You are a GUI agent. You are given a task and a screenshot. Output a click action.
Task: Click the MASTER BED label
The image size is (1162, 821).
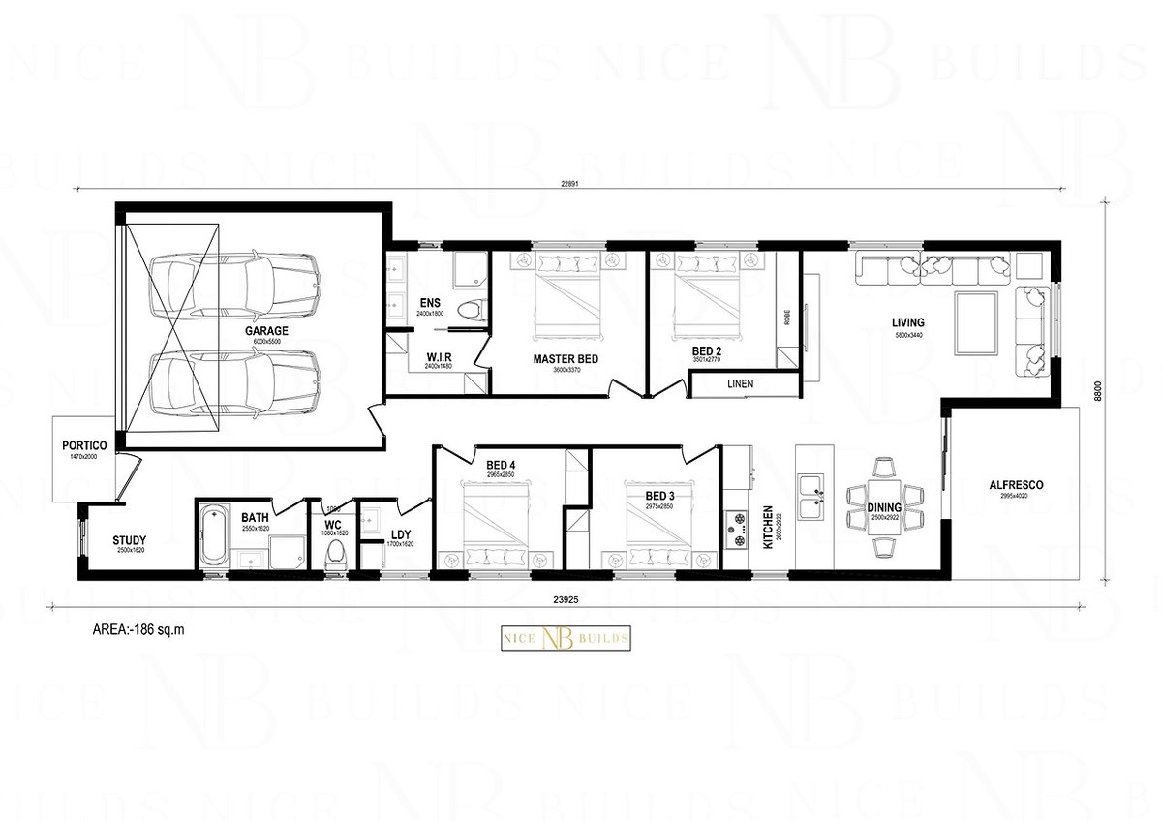566,359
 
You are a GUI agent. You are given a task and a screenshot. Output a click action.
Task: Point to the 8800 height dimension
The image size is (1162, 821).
1098,391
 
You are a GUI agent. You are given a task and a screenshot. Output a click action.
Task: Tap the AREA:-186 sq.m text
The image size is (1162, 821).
138,629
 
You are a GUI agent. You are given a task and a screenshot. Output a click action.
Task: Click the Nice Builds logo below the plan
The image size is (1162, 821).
566,639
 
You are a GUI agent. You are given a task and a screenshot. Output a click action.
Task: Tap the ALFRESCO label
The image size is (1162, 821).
1016,485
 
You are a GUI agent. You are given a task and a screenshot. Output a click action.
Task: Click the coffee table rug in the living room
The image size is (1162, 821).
977,323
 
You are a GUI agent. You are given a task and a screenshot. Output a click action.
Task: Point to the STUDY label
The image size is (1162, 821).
129,540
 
